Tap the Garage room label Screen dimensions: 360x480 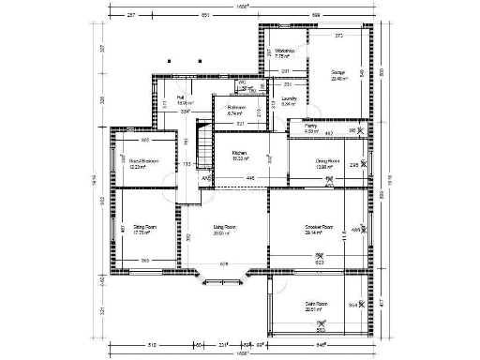pos(338,73)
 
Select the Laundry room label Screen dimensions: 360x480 pos(289,98)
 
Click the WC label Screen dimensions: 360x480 pos(241,83)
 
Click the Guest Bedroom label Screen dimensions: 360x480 pos(143,162)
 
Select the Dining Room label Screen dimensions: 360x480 pos(327,162)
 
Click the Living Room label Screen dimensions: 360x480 pos(223,228)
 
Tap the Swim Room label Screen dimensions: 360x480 pos(315,305)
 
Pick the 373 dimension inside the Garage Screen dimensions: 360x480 pos(338,36)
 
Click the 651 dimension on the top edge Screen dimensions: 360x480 pos(204,15)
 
